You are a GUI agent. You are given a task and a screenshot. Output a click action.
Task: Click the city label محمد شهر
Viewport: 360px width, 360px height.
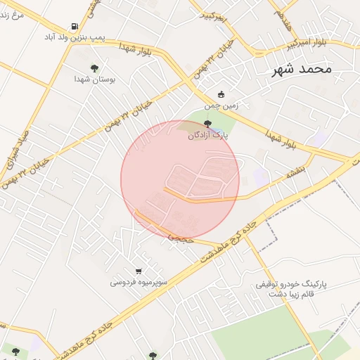(x=304, y=70)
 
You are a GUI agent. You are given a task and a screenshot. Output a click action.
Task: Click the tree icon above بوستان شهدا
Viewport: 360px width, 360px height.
(x=94, y=68)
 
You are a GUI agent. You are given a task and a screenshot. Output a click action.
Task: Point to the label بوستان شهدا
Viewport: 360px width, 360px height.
(x=94, y=79)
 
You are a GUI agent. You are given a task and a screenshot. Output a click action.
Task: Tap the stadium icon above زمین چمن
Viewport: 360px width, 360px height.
(x=221, y=95)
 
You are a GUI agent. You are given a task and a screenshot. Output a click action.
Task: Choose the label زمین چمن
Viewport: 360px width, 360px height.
(x=221, y=106)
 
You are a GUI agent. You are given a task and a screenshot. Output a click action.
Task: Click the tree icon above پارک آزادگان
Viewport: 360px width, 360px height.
(x=207, y=124)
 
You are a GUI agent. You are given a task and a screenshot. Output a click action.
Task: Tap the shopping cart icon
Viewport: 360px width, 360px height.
(x=139, y=271)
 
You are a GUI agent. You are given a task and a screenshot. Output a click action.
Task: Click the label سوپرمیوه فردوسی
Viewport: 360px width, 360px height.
(x=138, y=283)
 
